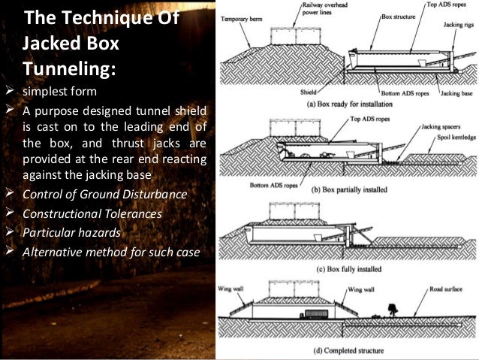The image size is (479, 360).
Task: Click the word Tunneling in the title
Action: tap(70, 69)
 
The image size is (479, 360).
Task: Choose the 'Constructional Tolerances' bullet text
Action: tap(91, 215)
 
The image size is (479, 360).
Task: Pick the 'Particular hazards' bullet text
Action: tap(71, 234)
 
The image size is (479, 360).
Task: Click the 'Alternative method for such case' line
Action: tap(110, 253)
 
